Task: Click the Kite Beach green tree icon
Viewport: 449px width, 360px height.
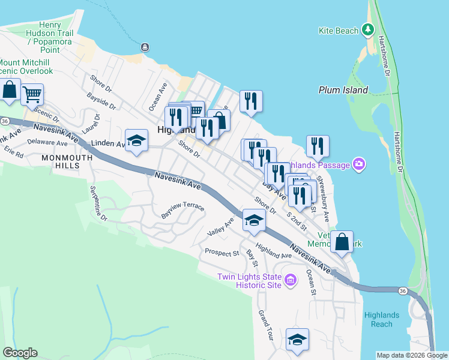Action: [x=368, y=29]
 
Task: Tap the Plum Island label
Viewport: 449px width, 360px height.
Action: [x=343, y=90]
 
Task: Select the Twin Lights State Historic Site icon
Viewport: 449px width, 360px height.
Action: [x=291, y=280]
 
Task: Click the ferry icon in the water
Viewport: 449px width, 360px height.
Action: [x=145, y=47]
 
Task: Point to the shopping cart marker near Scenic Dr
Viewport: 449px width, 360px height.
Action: [x=32, y=94]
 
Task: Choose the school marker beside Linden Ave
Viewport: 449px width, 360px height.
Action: [x=137, y=140]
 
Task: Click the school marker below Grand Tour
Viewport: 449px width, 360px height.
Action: [x=297, y=340]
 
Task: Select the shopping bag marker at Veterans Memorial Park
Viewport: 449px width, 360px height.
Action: [x=342, y=242]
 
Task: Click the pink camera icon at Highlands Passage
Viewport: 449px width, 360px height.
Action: [x=359, y=164]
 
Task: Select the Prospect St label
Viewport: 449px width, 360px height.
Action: [x=221, y=253]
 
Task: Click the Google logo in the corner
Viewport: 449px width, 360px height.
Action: [x=20, y=353]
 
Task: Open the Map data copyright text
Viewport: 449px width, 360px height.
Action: [x=412, y=355]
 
